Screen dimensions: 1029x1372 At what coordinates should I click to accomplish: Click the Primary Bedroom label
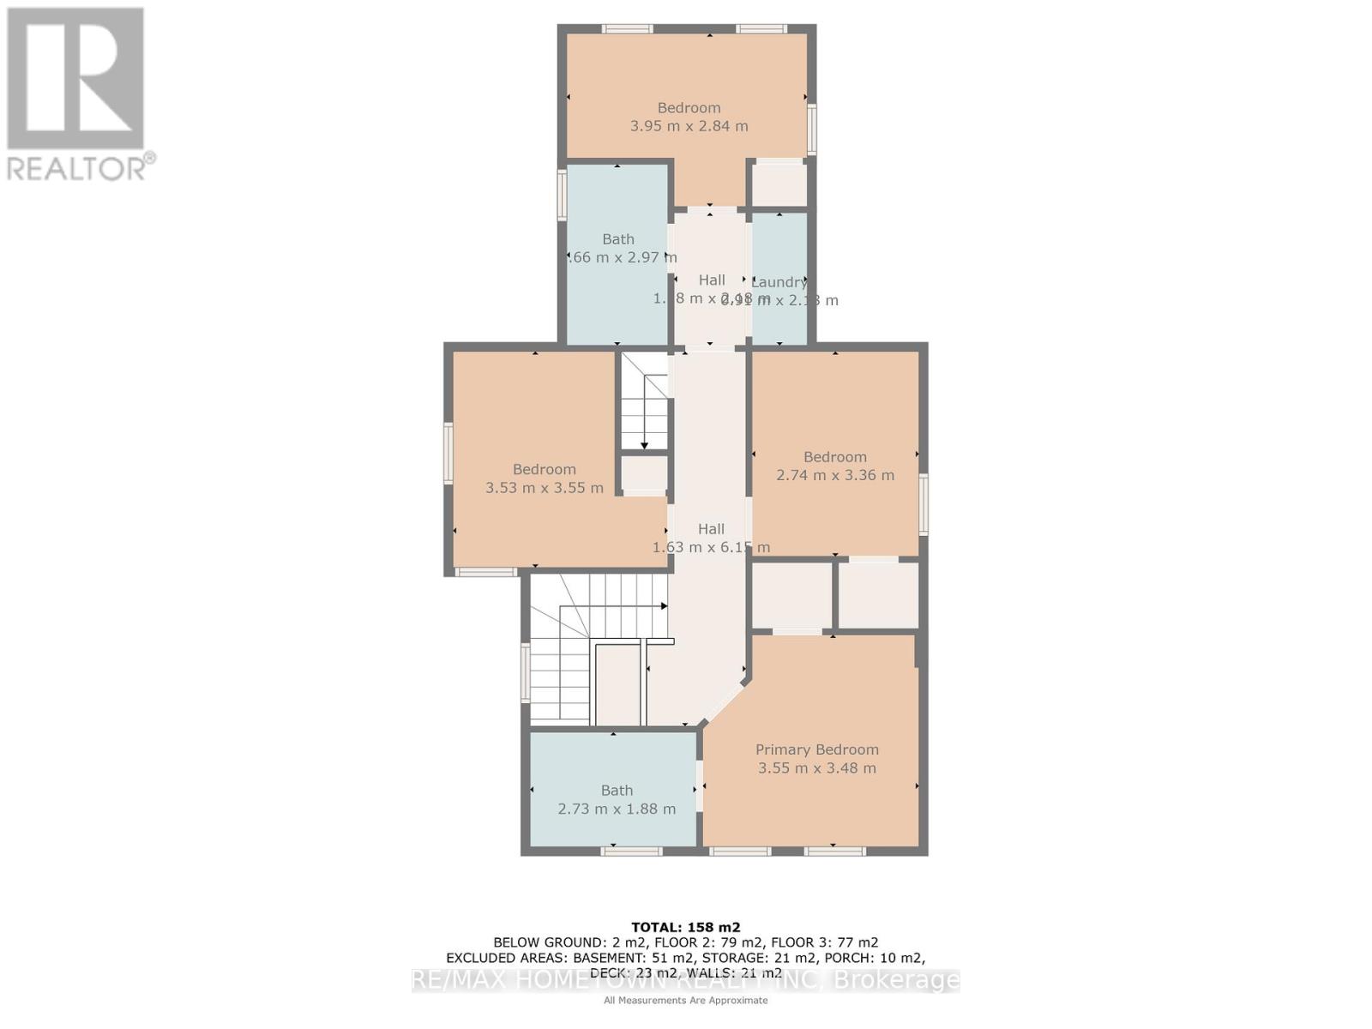(x=816, y=749)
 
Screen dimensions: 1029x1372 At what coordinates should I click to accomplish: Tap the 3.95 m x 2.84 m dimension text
(x=689, y=126)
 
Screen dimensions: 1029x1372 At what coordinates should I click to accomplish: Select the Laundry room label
(x=779, y=282)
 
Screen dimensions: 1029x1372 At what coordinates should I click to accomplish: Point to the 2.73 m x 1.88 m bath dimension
(x=617, y=809)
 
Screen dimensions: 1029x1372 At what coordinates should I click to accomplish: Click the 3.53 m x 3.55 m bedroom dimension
(x=544, y=488)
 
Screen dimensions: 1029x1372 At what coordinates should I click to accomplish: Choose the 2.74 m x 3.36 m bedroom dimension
(x=834, y=475)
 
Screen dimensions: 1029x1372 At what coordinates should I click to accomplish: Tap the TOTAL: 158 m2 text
(x=685, y=927)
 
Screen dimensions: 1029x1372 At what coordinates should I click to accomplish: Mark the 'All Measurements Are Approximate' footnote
(x=685, y=1000)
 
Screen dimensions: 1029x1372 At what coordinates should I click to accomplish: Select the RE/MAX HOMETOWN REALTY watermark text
(x=685, y=980)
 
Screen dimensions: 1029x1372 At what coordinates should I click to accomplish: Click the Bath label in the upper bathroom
(x=617, y=239)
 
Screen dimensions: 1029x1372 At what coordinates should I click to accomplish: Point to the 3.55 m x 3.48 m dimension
(x=816, y=768)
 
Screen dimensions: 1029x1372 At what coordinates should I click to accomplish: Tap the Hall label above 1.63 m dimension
(x=710, y=529)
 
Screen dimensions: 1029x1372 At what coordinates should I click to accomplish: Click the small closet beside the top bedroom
(x=779, y=184)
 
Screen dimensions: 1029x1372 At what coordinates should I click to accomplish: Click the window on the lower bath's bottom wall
(x=631, y=851)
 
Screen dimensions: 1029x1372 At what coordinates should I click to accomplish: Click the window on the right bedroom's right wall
(x=924, y=505)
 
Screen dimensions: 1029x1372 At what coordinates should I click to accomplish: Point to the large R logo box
(x=75, y=78)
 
